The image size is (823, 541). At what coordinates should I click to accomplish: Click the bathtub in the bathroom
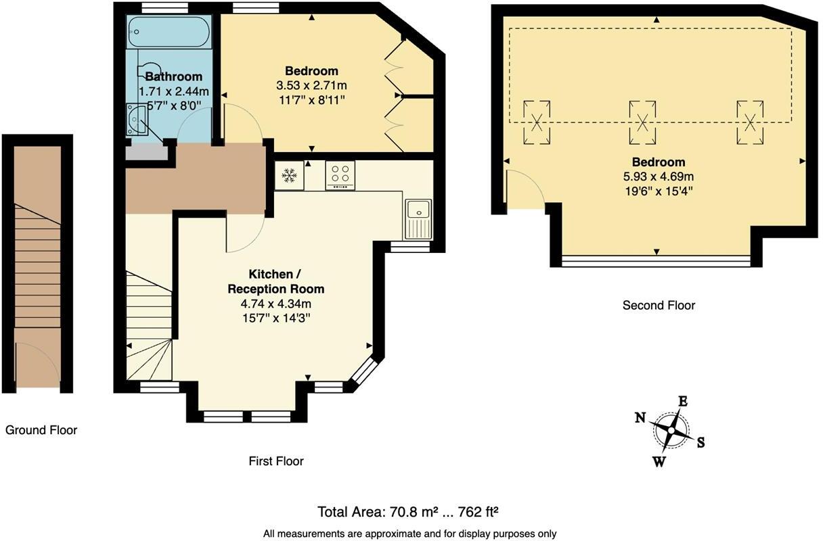(x=169, y=32)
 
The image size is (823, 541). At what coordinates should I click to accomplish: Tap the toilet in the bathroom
(x=149, y=70)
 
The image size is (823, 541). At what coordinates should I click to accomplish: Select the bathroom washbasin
(x=137, y=119)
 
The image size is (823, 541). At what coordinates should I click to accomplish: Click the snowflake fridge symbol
(x=289, y=175)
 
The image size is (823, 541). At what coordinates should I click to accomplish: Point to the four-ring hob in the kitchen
(x=340, y=175)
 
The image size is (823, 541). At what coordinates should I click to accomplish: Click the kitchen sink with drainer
(x=418, y=220)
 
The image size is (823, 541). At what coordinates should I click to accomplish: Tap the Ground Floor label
(x=41, y=430)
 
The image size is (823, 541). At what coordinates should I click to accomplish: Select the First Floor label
(x=276, y=461)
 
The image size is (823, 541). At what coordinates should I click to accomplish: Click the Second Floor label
(x=659, y=306)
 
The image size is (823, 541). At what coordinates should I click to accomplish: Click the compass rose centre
(x=671, y=430)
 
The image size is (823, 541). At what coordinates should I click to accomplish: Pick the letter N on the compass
(x=640, y=417)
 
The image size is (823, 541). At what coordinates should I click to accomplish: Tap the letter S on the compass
(x=701, y=443)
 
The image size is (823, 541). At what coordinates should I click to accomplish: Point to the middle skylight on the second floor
(x=642, y=122)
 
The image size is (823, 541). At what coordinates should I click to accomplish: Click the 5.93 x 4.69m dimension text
(x=659, y=177)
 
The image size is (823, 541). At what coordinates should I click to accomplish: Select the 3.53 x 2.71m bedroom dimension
(x=311, y=85)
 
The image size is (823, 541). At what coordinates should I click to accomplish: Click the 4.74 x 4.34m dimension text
(x=276, y=304)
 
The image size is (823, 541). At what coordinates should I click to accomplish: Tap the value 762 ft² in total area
(x=478, y=512)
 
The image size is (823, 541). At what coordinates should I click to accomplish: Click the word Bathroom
(x=174, y=76)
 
